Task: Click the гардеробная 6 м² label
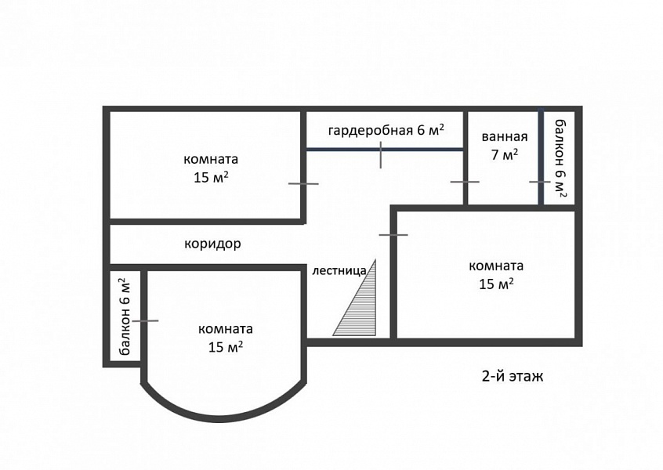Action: point(386,130)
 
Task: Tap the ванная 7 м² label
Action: point(505,146)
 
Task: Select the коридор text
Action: point(212,244)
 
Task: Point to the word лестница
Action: point(339,270)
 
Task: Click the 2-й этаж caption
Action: point(513,376)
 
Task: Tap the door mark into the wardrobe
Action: point(381,154)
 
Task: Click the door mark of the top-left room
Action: point(303,184)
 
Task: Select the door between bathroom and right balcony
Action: point(540,182)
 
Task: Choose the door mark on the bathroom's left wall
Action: point(465,182)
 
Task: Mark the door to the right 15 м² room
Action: point(393,234)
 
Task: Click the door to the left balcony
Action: point(145,321)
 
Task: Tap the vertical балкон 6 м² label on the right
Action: point(560,159)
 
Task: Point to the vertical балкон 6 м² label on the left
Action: point(125,316)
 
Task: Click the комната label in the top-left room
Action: point(211,159)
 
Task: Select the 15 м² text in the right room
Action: point(496,284)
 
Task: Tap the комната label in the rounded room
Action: point(226,329)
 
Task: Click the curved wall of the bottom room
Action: point(224,418)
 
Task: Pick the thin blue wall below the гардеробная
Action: point(384,149)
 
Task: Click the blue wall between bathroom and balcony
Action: point(541,157)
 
